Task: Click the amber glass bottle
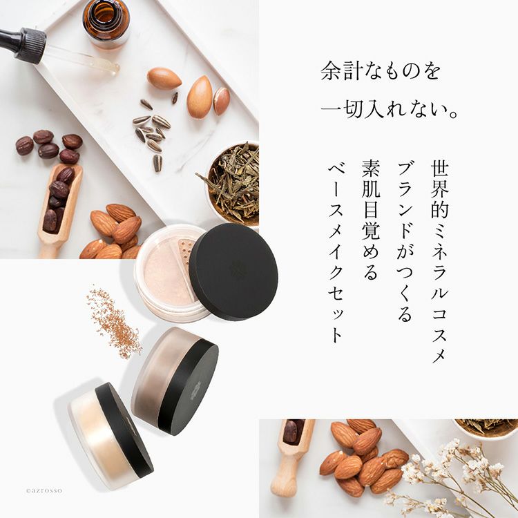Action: point(106,21)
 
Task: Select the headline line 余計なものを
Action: point(381,72)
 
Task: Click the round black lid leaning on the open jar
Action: point(233,271)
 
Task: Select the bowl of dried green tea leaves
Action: point(231,180)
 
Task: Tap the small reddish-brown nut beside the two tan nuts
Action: point(222,101)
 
